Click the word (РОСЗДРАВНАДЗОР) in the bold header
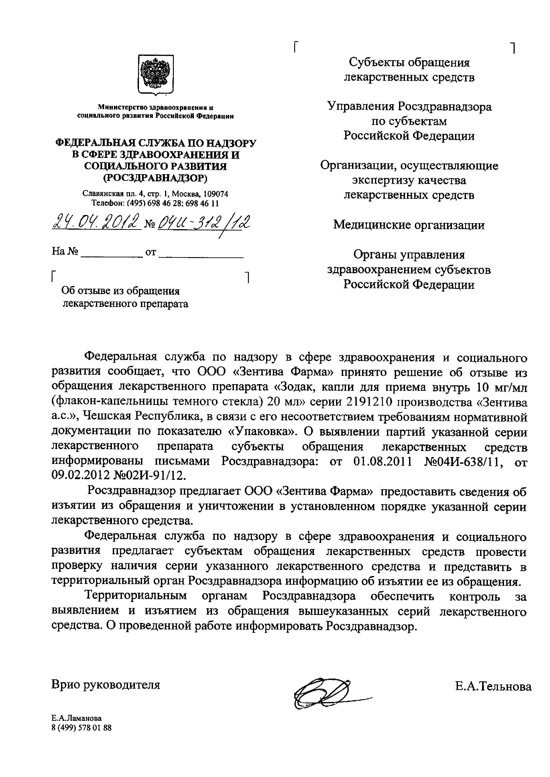(x=155, y=178)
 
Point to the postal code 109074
(x=215, y=194)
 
